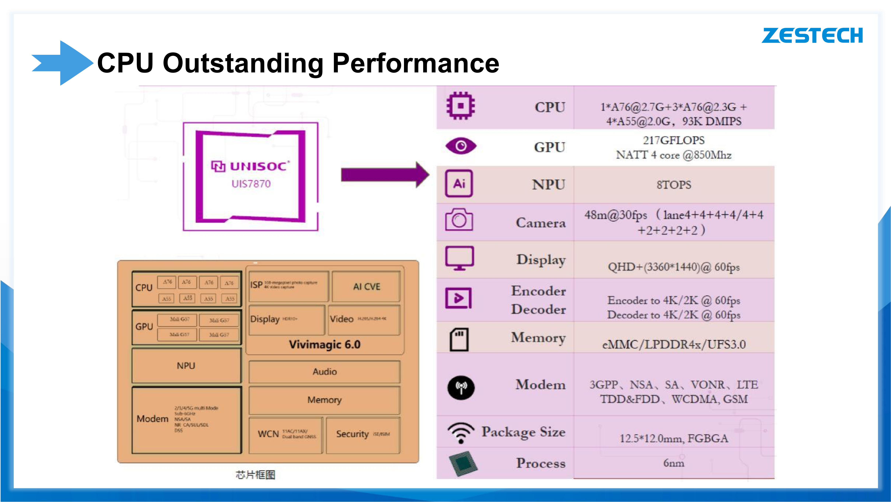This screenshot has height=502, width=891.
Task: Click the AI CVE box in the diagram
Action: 366,287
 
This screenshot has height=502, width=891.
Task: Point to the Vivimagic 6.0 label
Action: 324,345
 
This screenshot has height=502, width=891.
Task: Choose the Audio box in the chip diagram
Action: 324,371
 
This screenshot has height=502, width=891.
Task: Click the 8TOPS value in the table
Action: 673,185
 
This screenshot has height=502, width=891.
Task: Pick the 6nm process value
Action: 673,463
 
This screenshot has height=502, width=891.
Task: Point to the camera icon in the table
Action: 459,220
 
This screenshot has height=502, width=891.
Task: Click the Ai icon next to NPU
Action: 459,183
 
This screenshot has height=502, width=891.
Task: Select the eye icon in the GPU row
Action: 461,146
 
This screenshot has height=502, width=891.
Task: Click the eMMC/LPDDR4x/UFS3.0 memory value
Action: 673,345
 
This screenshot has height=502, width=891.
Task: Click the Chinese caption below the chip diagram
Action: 255,475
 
